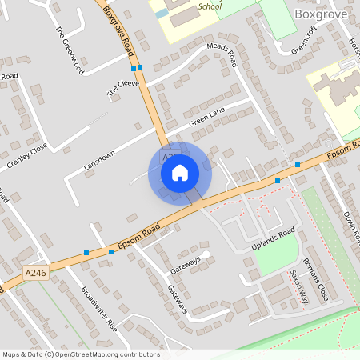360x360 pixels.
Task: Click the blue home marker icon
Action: click(x=180, y=172)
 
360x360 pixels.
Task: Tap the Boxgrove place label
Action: click(x=322, y=14)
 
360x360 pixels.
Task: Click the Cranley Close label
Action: click(x=28, y=155)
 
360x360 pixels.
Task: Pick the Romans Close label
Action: click(x=315, y=279)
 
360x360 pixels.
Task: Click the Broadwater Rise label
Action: click(x=99, y=310)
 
